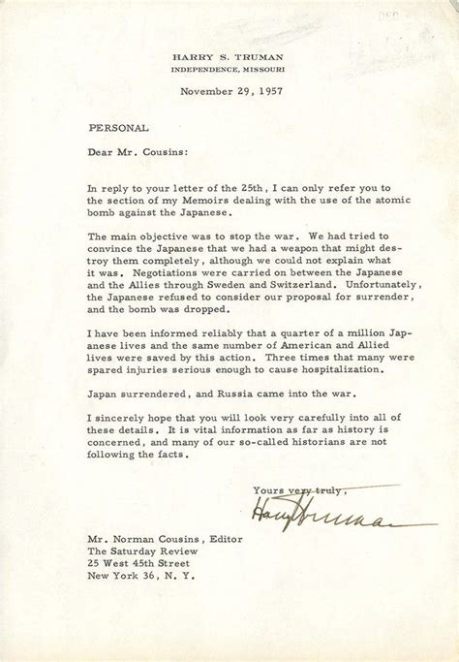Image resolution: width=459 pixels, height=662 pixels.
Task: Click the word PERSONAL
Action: [x=113, y=127]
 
